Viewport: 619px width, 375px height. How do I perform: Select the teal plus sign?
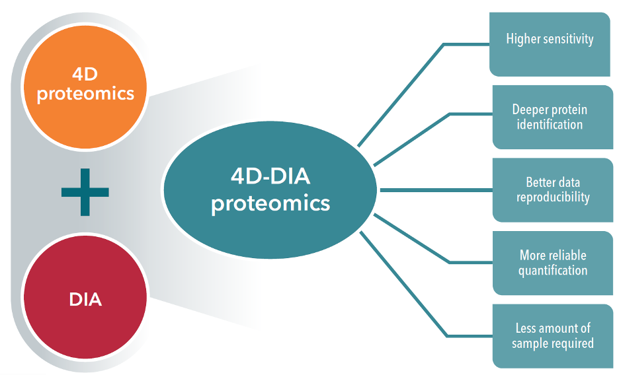[85, 192]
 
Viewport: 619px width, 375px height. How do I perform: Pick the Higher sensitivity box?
[550, 44]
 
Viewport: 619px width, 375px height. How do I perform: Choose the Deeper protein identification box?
[550, 117]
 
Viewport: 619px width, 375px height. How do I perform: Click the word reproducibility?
[554, 197]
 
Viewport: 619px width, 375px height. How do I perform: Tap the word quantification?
[553, 270]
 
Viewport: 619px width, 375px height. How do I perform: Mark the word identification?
[550, 124]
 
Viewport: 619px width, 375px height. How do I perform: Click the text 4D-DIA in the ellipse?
[270, 177]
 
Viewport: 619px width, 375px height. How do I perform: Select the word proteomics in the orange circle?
[85, 94]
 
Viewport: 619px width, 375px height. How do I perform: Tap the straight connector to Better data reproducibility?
[436, 190]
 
